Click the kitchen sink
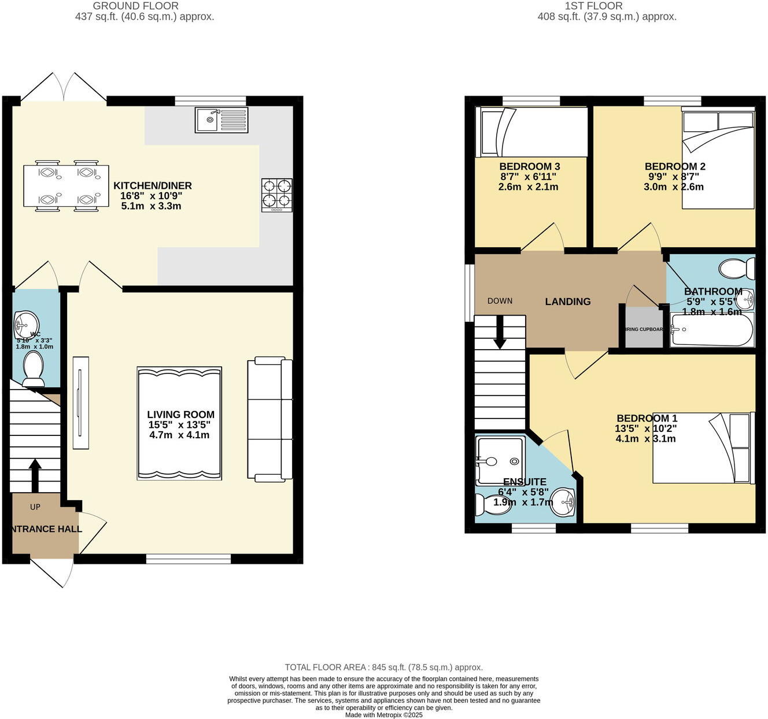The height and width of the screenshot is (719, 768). (221, 120)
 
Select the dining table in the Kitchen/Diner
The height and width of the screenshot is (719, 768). (66, 186)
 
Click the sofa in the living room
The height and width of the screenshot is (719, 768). (269, 419)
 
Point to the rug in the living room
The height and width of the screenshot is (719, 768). (179, 423)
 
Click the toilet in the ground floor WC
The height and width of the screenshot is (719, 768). (33, 369)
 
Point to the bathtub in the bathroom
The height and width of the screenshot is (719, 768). (712, 330)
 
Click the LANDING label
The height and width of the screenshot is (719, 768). (567, 302)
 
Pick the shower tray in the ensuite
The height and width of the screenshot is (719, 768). (499, 460)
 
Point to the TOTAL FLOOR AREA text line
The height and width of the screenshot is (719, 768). (383, 667)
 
